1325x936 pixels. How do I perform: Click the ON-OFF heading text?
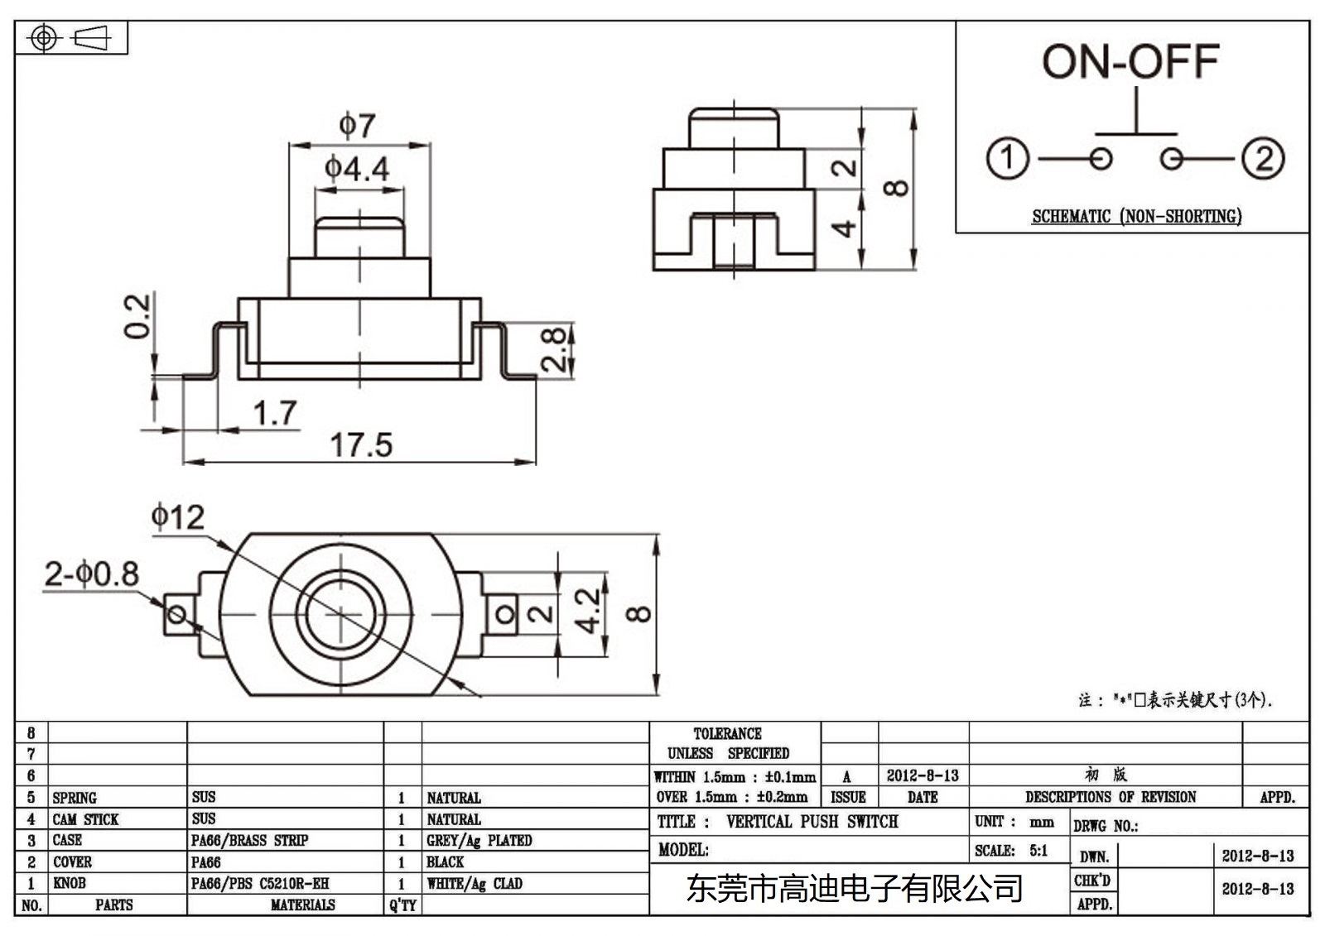[1130, 62]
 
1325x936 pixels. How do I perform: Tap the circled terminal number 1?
[1007, 158]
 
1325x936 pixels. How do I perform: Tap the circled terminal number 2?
[1263, 158]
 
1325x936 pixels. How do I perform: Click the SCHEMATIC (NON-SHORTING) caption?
[1136, 217]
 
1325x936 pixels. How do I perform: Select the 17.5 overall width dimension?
[361, 445]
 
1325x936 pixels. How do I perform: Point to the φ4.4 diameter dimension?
[357, 169]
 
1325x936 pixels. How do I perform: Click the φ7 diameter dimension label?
[357, 126]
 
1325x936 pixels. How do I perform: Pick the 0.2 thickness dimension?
[137, 316]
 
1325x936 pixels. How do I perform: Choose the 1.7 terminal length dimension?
[275, 413]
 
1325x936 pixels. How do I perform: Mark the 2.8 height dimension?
[553, 349]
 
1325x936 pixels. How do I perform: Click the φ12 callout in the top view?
[177, 517]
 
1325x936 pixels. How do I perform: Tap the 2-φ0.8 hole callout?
[91, 574]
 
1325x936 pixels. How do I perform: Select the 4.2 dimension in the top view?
[587, 611]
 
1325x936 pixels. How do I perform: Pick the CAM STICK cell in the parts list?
[85, 819]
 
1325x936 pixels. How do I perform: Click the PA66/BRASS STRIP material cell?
[249, 840]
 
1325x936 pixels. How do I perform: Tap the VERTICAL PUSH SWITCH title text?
[812, 822]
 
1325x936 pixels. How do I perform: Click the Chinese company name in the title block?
[854, 889]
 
